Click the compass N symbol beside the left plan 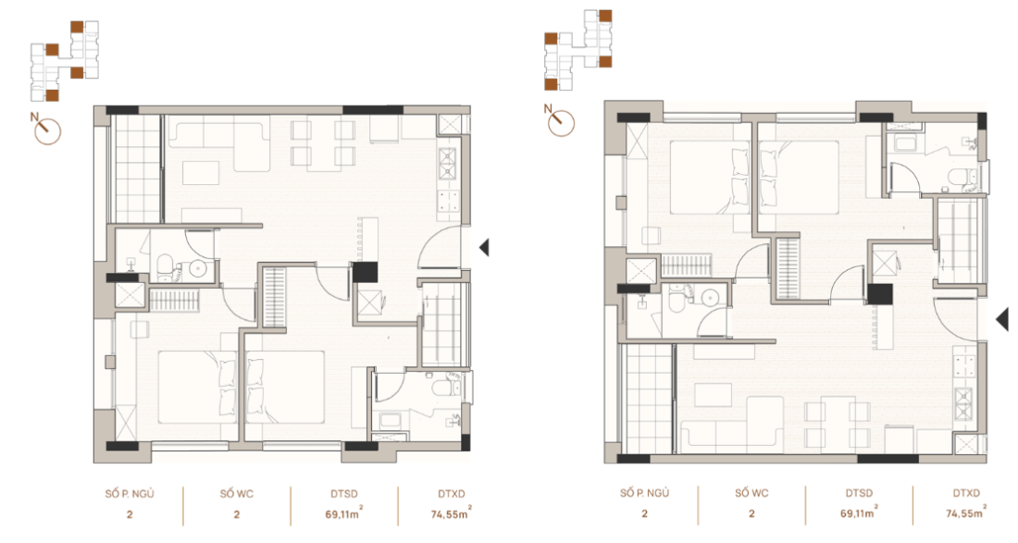pyautogui.click(x=46, y=130)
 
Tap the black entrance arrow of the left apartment pyautogui.click(x=484, y=247)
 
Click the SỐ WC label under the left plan pyautogui.click(x=237, y=494)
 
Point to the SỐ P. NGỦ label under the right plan pyautogui.click(x=645, y=494)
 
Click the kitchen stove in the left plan pyautogui.click(x=449, y=163)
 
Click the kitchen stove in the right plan pyautogui.click(x=963, y=401)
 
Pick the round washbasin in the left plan pyautogui.click(x=199, y=269)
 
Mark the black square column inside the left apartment pyautogui.click(x=366, y=272)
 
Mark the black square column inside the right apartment pyautogui.click(x=878, y=294)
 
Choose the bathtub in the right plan pyautogui.click(x=901, y=143)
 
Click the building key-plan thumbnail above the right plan pyautogui.click(x=577, y=51)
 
